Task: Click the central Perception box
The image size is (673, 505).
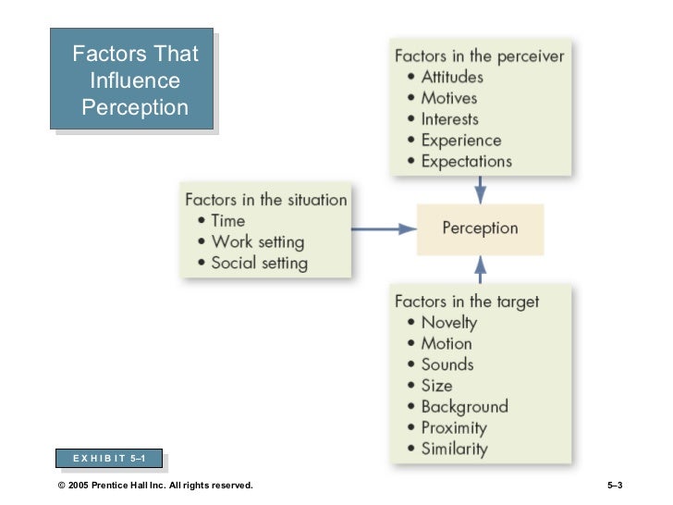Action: tap(480, 228)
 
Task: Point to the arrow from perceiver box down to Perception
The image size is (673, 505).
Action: tap(480, 188)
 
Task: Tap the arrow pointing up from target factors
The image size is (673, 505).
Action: tap(480, 269)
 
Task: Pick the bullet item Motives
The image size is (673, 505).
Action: tap(449, 98)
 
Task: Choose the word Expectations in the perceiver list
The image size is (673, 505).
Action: tap(466, 161)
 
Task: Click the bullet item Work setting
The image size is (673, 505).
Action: tap(257, 241)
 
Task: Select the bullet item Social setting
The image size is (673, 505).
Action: tap(259, 263)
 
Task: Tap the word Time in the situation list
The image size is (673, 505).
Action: tap(228, 220)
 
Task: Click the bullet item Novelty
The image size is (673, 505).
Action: tap(448, 323)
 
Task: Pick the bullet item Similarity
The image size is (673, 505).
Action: tap(454, 450)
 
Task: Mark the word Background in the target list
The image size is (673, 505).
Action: tap(464, 407)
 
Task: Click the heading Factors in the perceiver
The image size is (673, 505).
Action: tap(479, 55)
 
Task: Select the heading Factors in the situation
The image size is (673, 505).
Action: tap(266, 199)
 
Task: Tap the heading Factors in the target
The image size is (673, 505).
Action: tap(467, 302)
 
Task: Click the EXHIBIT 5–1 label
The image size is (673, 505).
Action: tap(107, 458)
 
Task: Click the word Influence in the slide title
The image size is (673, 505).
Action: tap(135, 81)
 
